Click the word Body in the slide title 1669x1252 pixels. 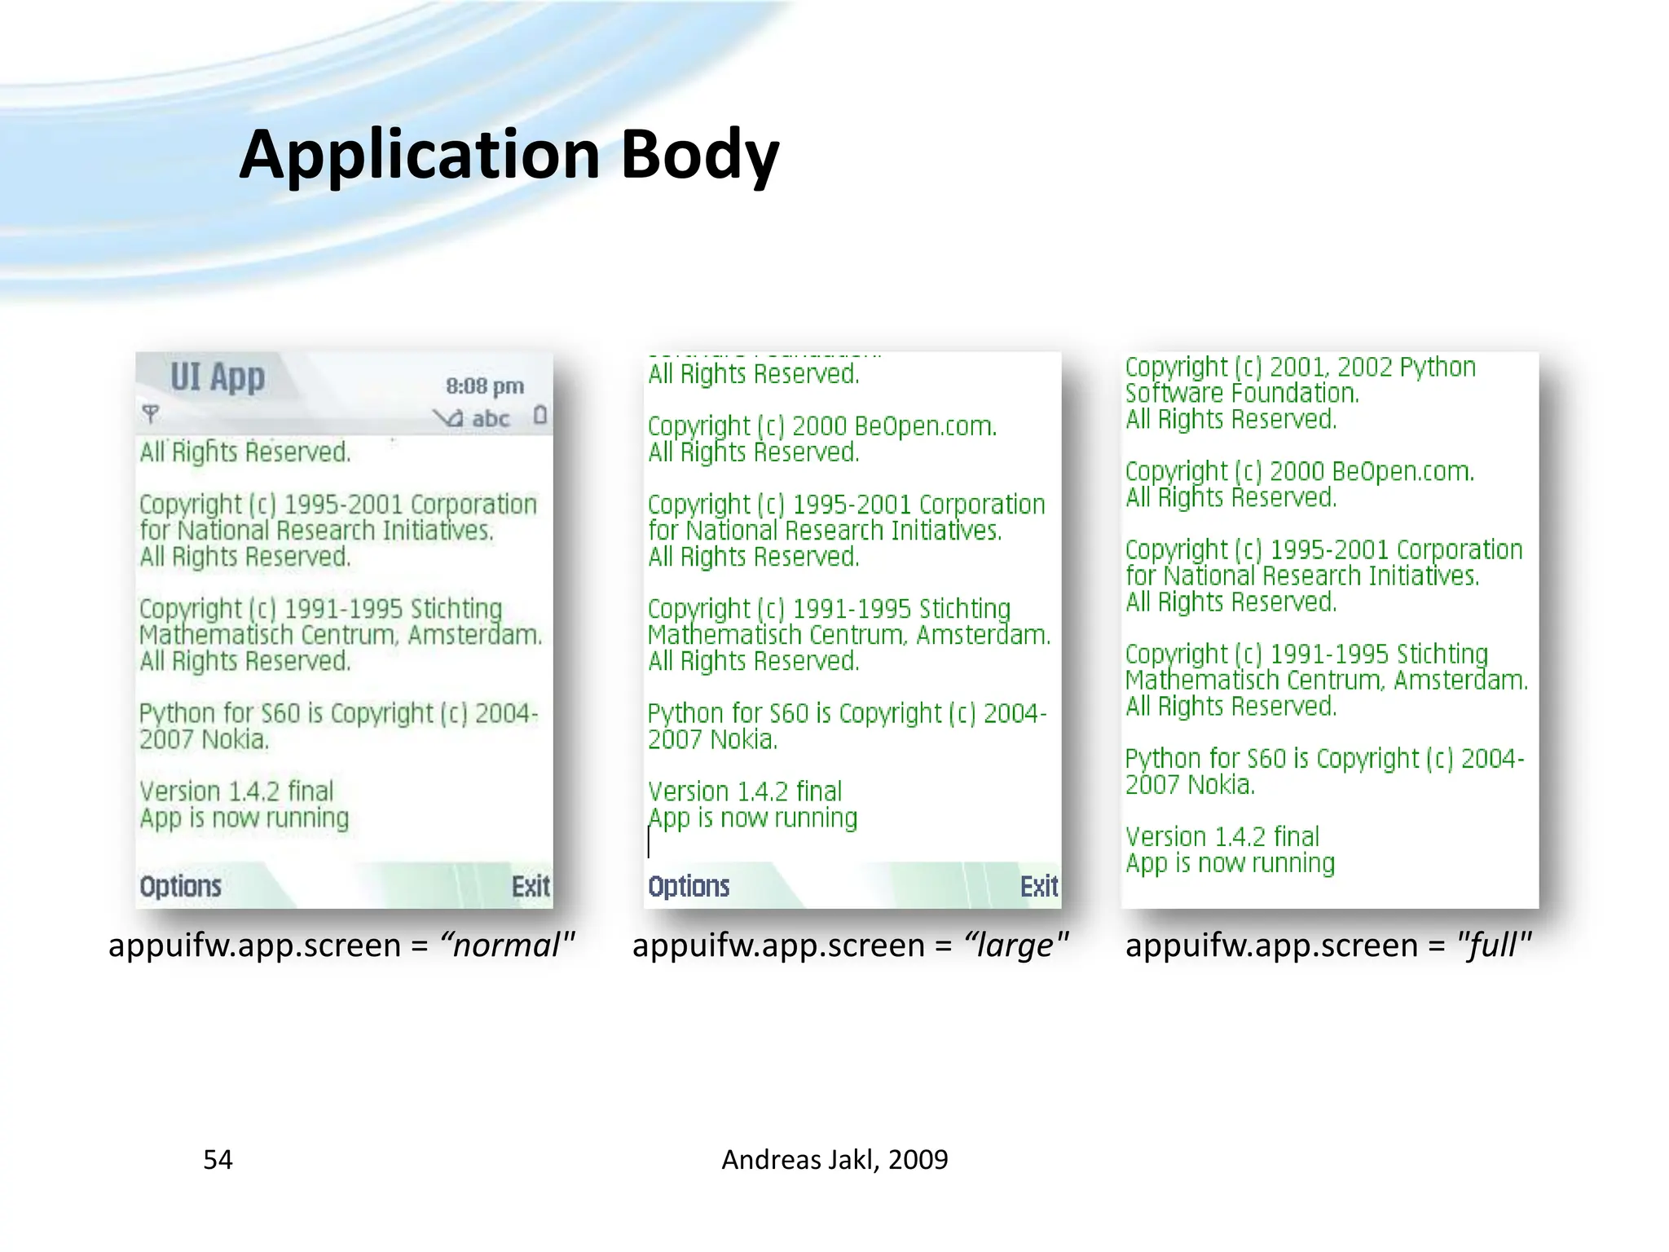point(699,155)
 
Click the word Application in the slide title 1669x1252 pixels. point(419,155)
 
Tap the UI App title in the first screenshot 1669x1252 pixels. point(218,377)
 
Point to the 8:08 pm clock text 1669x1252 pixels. point(484,386)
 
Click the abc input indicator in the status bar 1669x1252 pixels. point(491,419)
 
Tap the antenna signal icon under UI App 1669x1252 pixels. point(150,413)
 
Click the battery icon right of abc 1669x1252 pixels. point(539,416)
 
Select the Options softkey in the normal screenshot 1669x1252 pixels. point(180,886)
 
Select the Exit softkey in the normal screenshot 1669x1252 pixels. point(531,886)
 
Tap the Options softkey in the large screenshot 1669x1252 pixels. point(689,886)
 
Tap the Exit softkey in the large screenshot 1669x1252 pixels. point(1039,886)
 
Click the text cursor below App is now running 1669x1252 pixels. point(650,843)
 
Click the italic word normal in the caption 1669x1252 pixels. point(505,946)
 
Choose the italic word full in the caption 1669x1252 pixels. point(1491,946)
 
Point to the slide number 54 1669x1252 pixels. point(218,1159)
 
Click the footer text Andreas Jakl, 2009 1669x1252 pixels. point(834,1159)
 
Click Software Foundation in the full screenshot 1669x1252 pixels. point(1242,394)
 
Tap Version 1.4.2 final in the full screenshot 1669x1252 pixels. point(1222,837)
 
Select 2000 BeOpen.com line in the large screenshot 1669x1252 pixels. point(822,426)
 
